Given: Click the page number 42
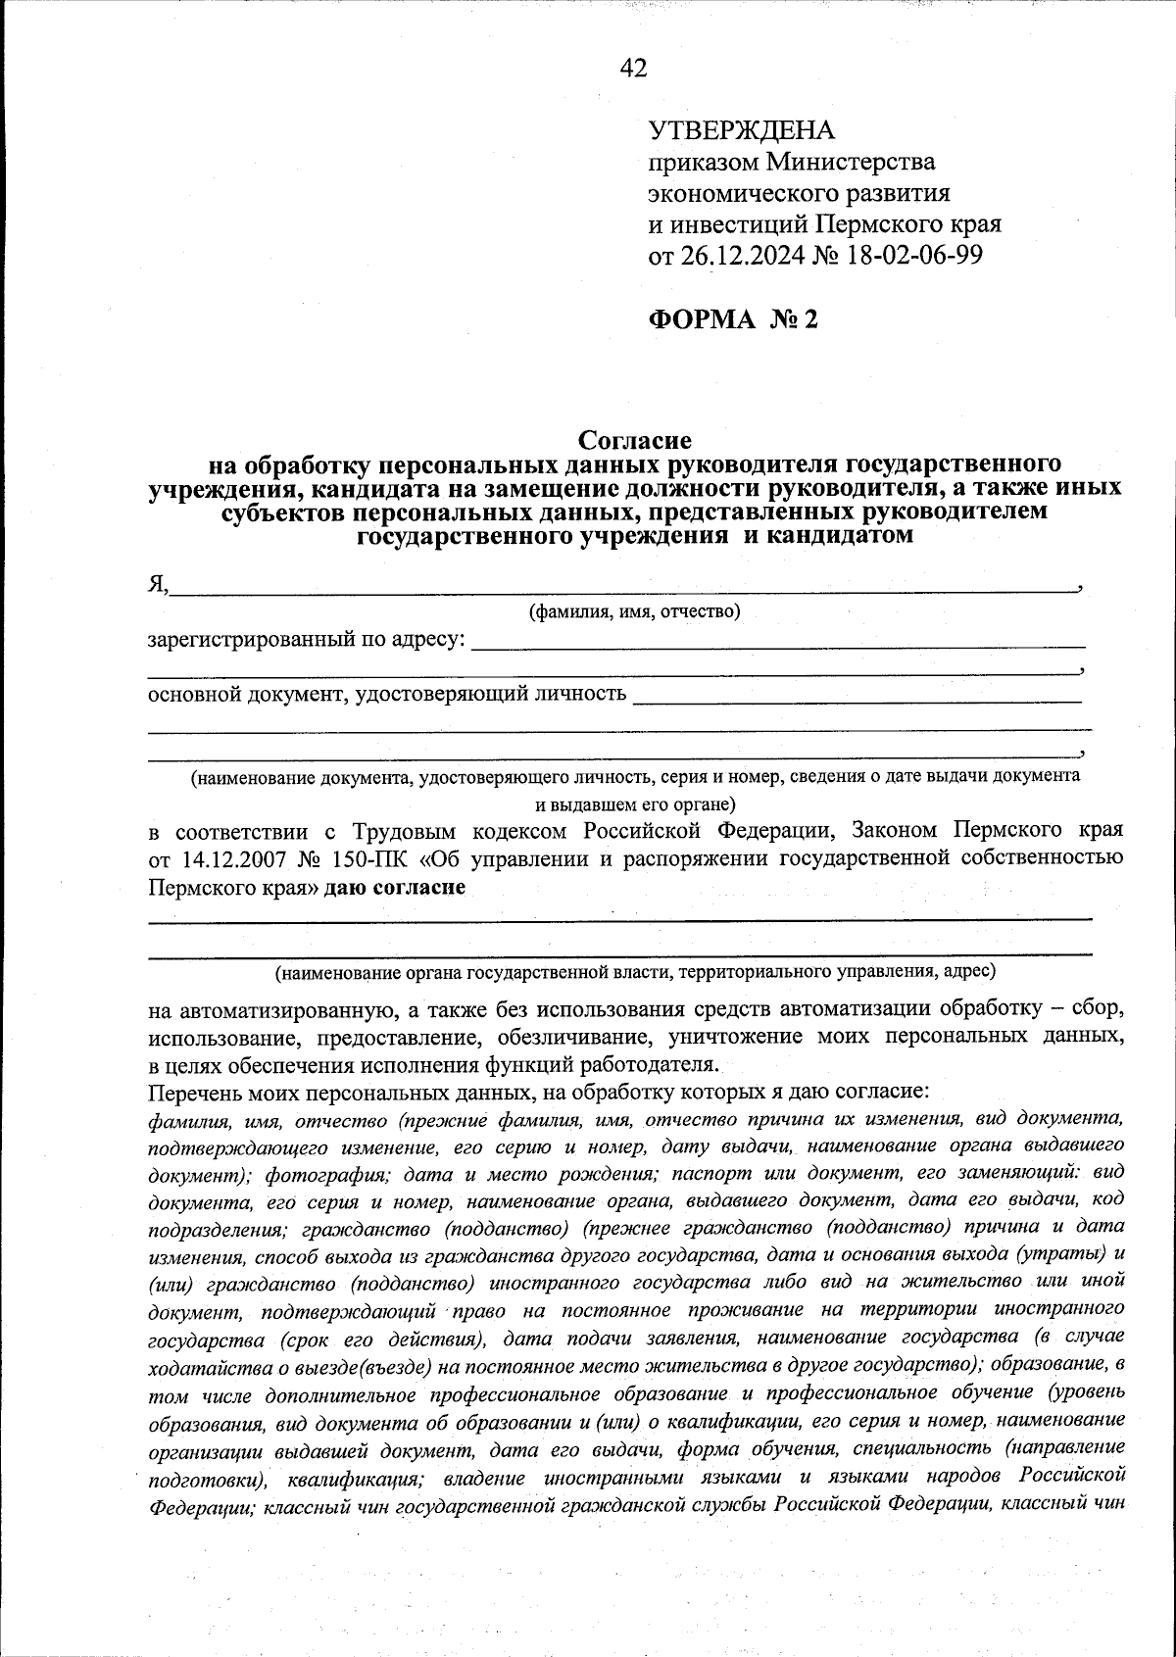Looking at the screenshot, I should point(634,68).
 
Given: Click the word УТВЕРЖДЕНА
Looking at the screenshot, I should point(742,130).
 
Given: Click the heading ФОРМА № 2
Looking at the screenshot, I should point(732,319).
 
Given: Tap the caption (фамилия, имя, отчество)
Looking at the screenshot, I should point(634,612).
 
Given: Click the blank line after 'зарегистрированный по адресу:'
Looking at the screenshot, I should point(779,642).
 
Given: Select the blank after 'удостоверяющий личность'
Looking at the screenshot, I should point(857,697).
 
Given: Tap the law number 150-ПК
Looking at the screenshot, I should point(367,859).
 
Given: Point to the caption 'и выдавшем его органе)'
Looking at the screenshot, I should point(634,805).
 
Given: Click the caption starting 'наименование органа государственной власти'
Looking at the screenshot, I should point(634,972).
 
